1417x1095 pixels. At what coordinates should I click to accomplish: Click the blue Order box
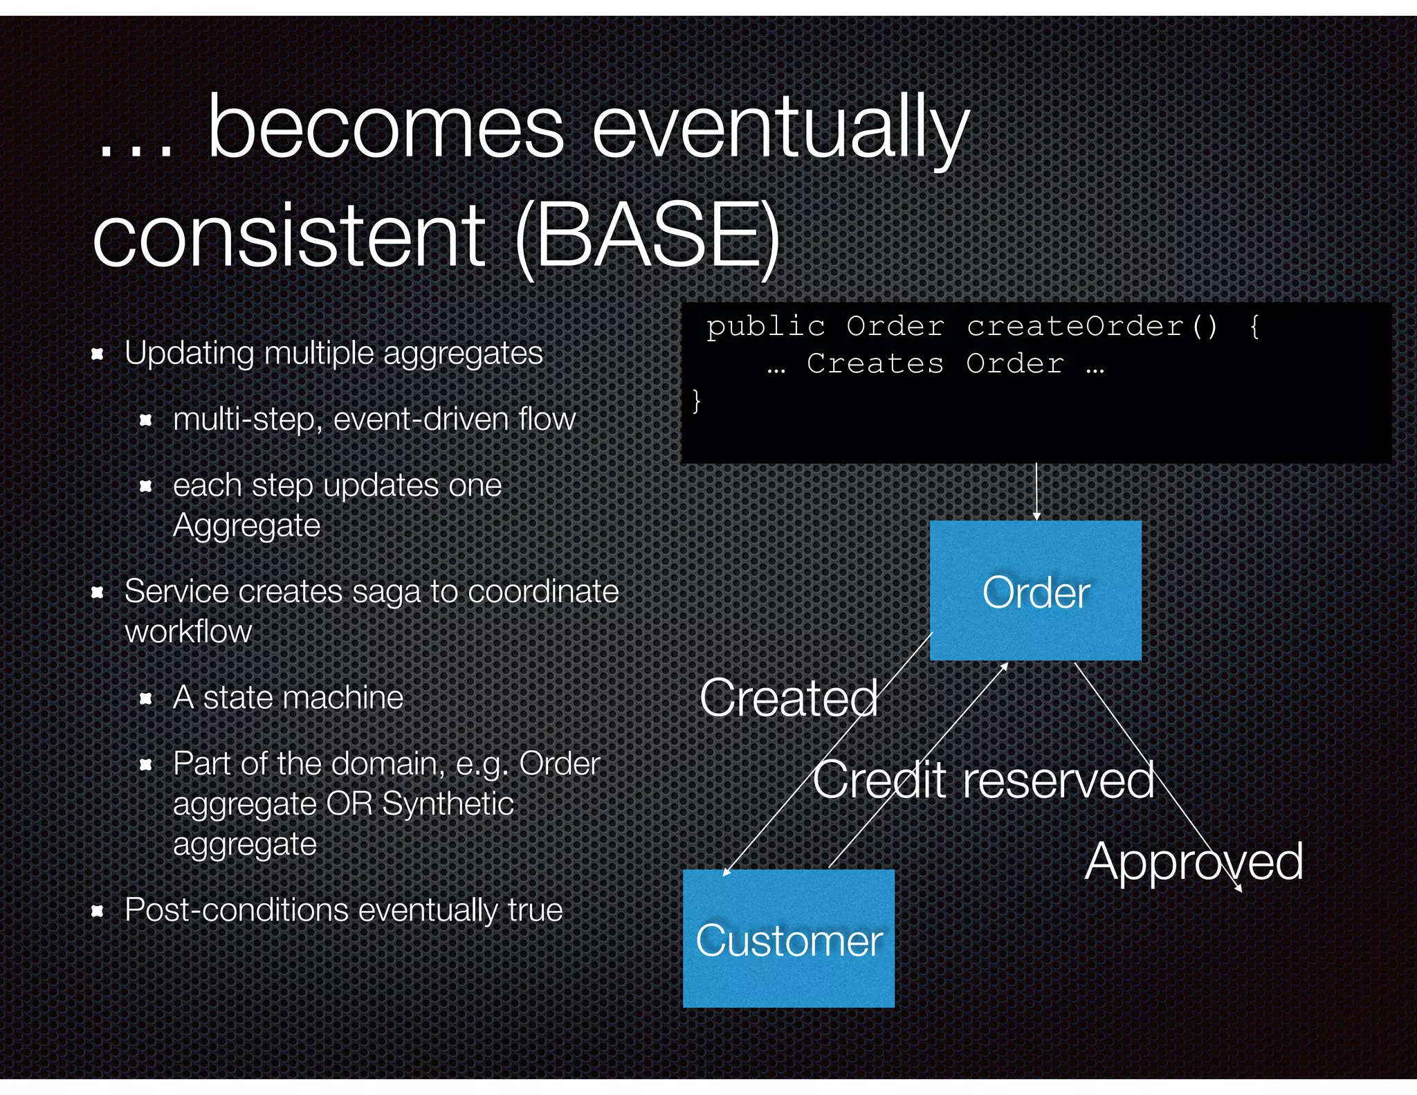point(1035,590)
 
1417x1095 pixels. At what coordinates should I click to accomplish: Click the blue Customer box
point(788,939)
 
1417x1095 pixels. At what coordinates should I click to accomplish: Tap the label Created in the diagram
point(788,698)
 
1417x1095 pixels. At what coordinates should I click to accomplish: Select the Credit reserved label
point(983,780)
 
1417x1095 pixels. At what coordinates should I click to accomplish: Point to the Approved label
point(1194,862)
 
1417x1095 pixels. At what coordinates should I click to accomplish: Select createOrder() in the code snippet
point(1091,326)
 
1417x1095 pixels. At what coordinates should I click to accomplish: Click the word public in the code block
point(765,326)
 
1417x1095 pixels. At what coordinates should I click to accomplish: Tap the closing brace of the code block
point(697,401)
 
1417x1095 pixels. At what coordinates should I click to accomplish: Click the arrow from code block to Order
point(1036,491)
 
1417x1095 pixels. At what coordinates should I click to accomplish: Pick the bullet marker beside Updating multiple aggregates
point(98,354)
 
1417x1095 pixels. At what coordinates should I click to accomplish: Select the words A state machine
point(288,697)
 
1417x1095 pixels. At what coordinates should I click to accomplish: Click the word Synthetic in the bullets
point(448,804)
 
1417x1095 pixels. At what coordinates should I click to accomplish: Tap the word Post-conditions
point(236,910)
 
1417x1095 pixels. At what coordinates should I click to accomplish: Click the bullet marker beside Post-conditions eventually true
point(98,911)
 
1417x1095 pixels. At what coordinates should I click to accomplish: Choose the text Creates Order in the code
point(935,363)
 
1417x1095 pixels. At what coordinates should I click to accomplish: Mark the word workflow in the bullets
point(188,631)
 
